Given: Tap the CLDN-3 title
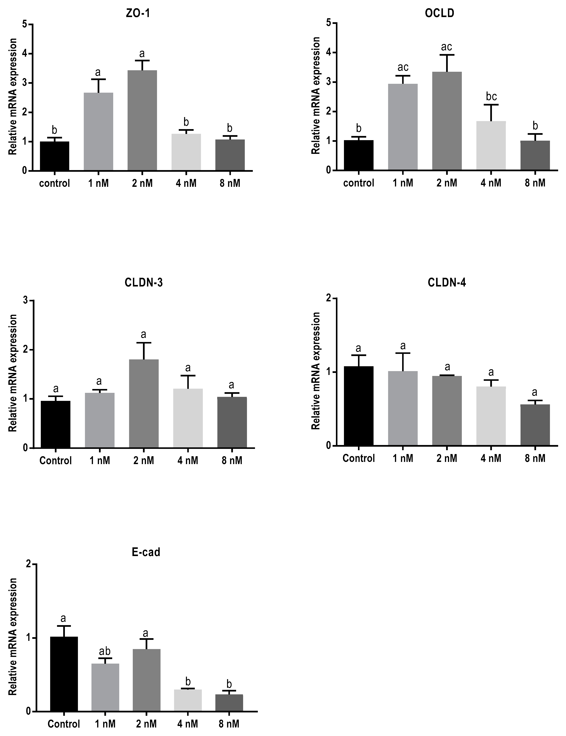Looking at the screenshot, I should (143, 282).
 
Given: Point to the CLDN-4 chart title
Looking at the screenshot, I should (447, 282).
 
